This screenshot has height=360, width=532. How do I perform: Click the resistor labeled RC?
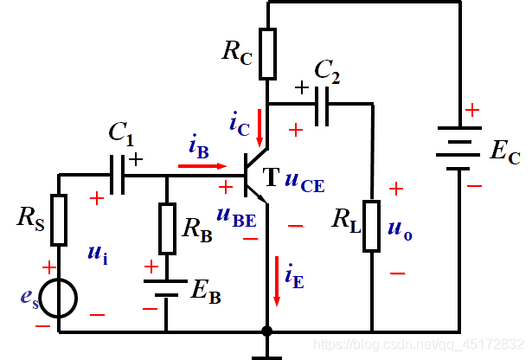point(267,54)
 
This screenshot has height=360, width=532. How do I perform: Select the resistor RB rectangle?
point(167,228)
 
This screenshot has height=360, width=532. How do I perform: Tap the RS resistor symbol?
point(59,220)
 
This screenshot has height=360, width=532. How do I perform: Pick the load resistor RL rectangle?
point(371,227)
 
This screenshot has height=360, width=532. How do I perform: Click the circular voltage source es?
point(58,299)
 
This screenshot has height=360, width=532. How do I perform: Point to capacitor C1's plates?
point(118,175)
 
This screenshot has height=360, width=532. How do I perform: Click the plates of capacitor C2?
point(322,106)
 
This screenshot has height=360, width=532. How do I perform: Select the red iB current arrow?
point(202,166)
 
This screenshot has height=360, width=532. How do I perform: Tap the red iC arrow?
point(260,128)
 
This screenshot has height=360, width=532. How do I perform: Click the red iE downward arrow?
point(277,281)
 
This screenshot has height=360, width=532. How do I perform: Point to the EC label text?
point(505,151)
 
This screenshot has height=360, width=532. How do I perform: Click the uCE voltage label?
point(304,182)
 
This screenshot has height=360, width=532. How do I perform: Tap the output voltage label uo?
point(400,231)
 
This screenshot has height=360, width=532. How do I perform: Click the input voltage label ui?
point(98,254)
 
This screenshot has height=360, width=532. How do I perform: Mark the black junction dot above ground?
point(267,331)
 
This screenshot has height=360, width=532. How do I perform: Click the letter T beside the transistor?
point(271,177)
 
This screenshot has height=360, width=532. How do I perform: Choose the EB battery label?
point(206,292)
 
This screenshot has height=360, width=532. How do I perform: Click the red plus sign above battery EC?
point(472,110)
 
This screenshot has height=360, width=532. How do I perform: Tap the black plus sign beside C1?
point(136,159)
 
